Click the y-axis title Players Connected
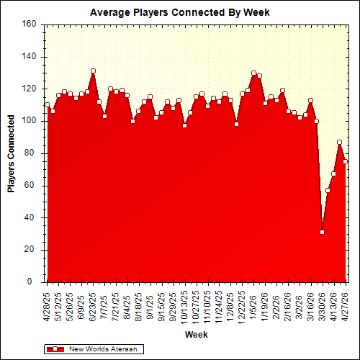pyautogui.click(x=12, y=153)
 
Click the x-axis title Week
pyautogui.click(x=196, y=335)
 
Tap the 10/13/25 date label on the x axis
pyautogui.click(x=185, y=305)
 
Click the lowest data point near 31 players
pyautogui.click(x=322, y=232)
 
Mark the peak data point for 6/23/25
pyautogui.click(x=93, y=71)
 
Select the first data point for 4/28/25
pyautogui.click(x=47, y=104)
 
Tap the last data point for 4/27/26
pyautogui.click(x=345, y=161)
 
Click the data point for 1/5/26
pyautogui.click(x=253, y=73)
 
